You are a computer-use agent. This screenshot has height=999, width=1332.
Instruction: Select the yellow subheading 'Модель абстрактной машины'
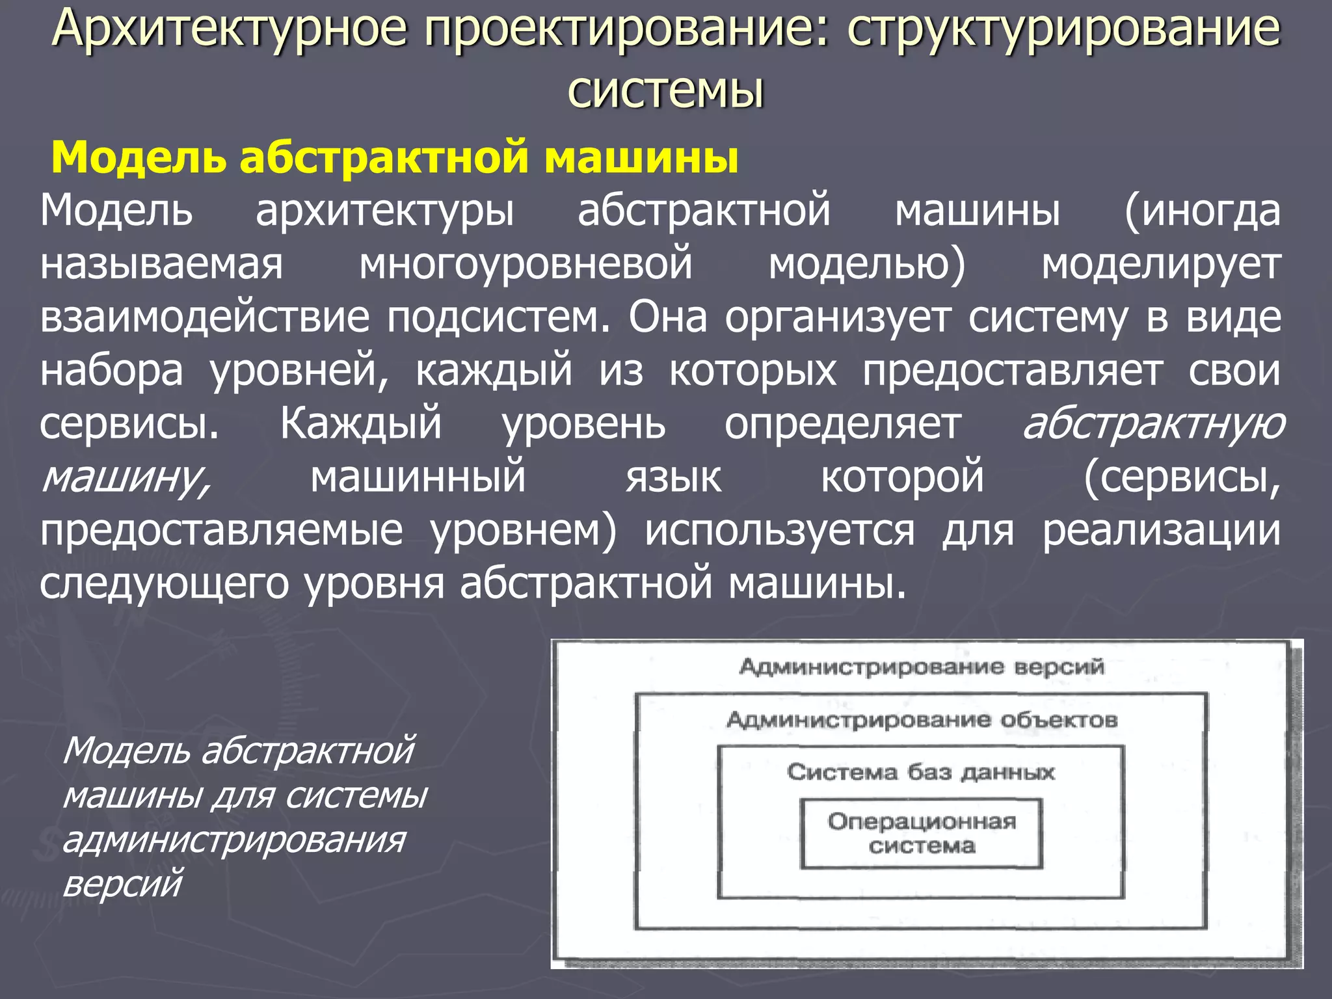click(x=395, y=157)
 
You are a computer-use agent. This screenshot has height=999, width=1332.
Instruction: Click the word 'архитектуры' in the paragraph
click(x=385, y=211)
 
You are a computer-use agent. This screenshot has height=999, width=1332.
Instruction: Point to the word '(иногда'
click(x=1202, y=211)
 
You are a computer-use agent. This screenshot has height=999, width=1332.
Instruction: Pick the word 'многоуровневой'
click(x=526, y=265)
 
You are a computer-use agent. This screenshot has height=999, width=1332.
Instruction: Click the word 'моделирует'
click(x=1162, y=265)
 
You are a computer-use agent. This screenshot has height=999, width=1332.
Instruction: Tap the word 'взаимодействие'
click(x=205, y=318)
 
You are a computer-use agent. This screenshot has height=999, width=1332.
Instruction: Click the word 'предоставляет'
click(x=1013, y=371)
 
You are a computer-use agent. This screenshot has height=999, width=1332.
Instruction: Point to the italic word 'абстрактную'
click(x=1153, y=425)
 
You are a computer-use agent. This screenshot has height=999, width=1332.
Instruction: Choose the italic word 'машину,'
click(x=126, y=478)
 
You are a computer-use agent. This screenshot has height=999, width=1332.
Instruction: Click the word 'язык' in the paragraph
click(x=673, y=478)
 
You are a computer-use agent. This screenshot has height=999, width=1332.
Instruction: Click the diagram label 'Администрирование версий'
click(x=921, y=667)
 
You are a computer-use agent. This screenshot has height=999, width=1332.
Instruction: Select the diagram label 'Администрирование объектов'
click(x=921, y=720)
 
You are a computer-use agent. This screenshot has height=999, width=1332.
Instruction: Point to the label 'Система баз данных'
click(x=920, y=772)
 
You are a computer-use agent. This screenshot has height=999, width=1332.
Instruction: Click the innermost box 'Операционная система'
click(x=921, y=833)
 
